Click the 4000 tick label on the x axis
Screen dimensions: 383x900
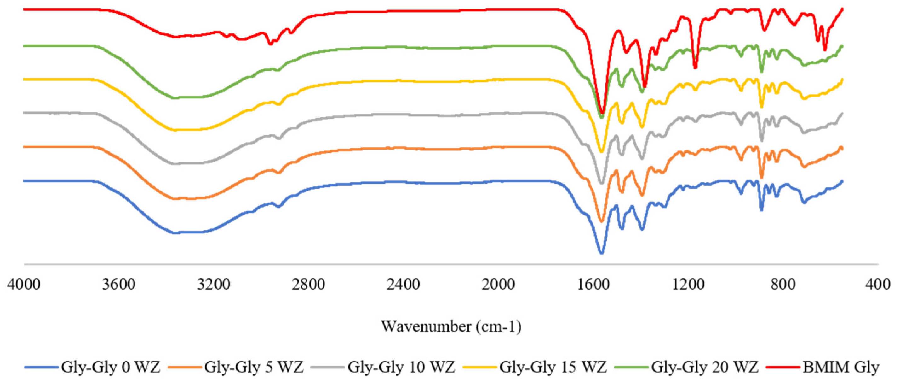[x=24, y=284]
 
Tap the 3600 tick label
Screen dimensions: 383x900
[x=119, y=284]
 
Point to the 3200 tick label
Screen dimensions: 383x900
[x=214, y=284]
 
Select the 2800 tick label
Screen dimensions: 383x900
[x=308, y=284]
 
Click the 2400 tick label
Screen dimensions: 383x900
[x=403, y=284]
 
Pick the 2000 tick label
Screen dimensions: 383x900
[x=498, y=284]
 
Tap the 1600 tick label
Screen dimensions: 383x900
[x=593, y=284]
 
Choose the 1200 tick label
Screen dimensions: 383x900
[x=688, y=284]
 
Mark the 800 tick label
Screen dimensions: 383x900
[x=783, y=284]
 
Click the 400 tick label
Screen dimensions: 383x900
[x=878, y=284]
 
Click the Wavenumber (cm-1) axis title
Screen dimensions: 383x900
[x=451, y=326]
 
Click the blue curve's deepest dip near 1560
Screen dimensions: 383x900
[x=601, y=252]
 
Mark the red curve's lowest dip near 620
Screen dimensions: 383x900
[x=825, y=49]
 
